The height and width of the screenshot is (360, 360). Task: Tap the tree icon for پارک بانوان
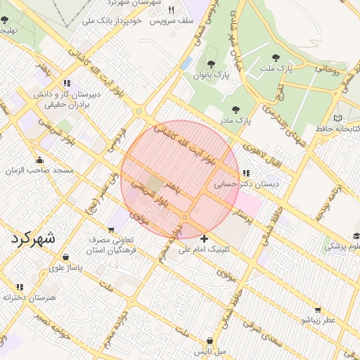tap(211, 64)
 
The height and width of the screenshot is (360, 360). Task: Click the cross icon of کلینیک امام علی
tap(204, 238)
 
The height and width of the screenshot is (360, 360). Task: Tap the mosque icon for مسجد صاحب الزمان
tap(40, 160)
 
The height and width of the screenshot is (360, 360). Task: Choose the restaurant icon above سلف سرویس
tap(172, 11)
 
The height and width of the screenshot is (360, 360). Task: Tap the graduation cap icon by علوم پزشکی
tap(356, 236)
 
